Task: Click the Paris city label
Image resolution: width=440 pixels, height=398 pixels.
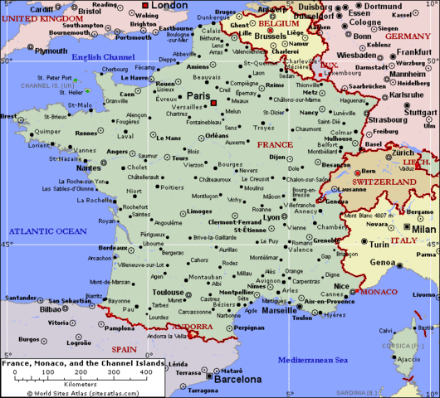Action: (x=198, y=96)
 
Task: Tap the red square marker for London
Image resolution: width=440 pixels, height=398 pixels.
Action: (x=146, y=5)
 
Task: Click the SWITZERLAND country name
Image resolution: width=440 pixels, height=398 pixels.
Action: (x=384, y=181)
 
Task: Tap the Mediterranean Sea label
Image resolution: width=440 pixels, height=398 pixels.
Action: (x=312, y=360)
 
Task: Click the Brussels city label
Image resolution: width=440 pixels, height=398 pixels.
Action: (x=270, y=36)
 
